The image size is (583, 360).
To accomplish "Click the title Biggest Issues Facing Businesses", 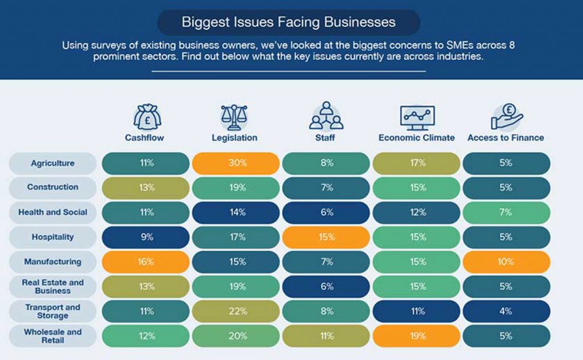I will (288, 23).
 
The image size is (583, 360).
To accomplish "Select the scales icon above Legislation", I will (234, 116).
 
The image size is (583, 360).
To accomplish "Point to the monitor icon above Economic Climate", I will (417, 117).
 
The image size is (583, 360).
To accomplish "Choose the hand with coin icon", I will (506, 116).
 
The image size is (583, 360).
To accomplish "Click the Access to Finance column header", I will (506, 138).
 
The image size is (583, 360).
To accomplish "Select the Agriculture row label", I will (52, 163).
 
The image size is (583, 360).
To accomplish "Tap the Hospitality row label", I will (52, 237).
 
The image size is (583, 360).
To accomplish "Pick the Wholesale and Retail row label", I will (52, 336).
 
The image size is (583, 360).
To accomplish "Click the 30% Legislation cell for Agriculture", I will (236, 163).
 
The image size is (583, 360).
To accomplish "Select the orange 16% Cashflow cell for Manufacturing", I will (146, 262).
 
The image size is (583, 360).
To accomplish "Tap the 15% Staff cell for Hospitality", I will (326, 237).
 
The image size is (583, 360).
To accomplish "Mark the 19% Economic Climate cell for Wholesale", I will (417, 336).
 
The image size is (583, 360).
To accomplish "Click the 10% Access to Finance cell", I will (506, 262).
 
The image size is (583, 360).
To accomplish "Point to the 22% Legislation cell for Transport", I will (236, 311).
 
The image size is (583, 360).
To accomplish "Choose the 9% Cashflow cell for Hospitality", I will (146, 237).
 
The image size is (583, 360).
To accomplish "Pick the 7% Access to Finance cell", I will (506, 212).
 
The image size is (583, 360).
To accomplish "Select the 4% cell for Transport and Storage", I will (506, 311).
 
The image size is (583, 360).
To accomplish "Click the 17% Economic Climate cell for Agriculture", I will (417, 163).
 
